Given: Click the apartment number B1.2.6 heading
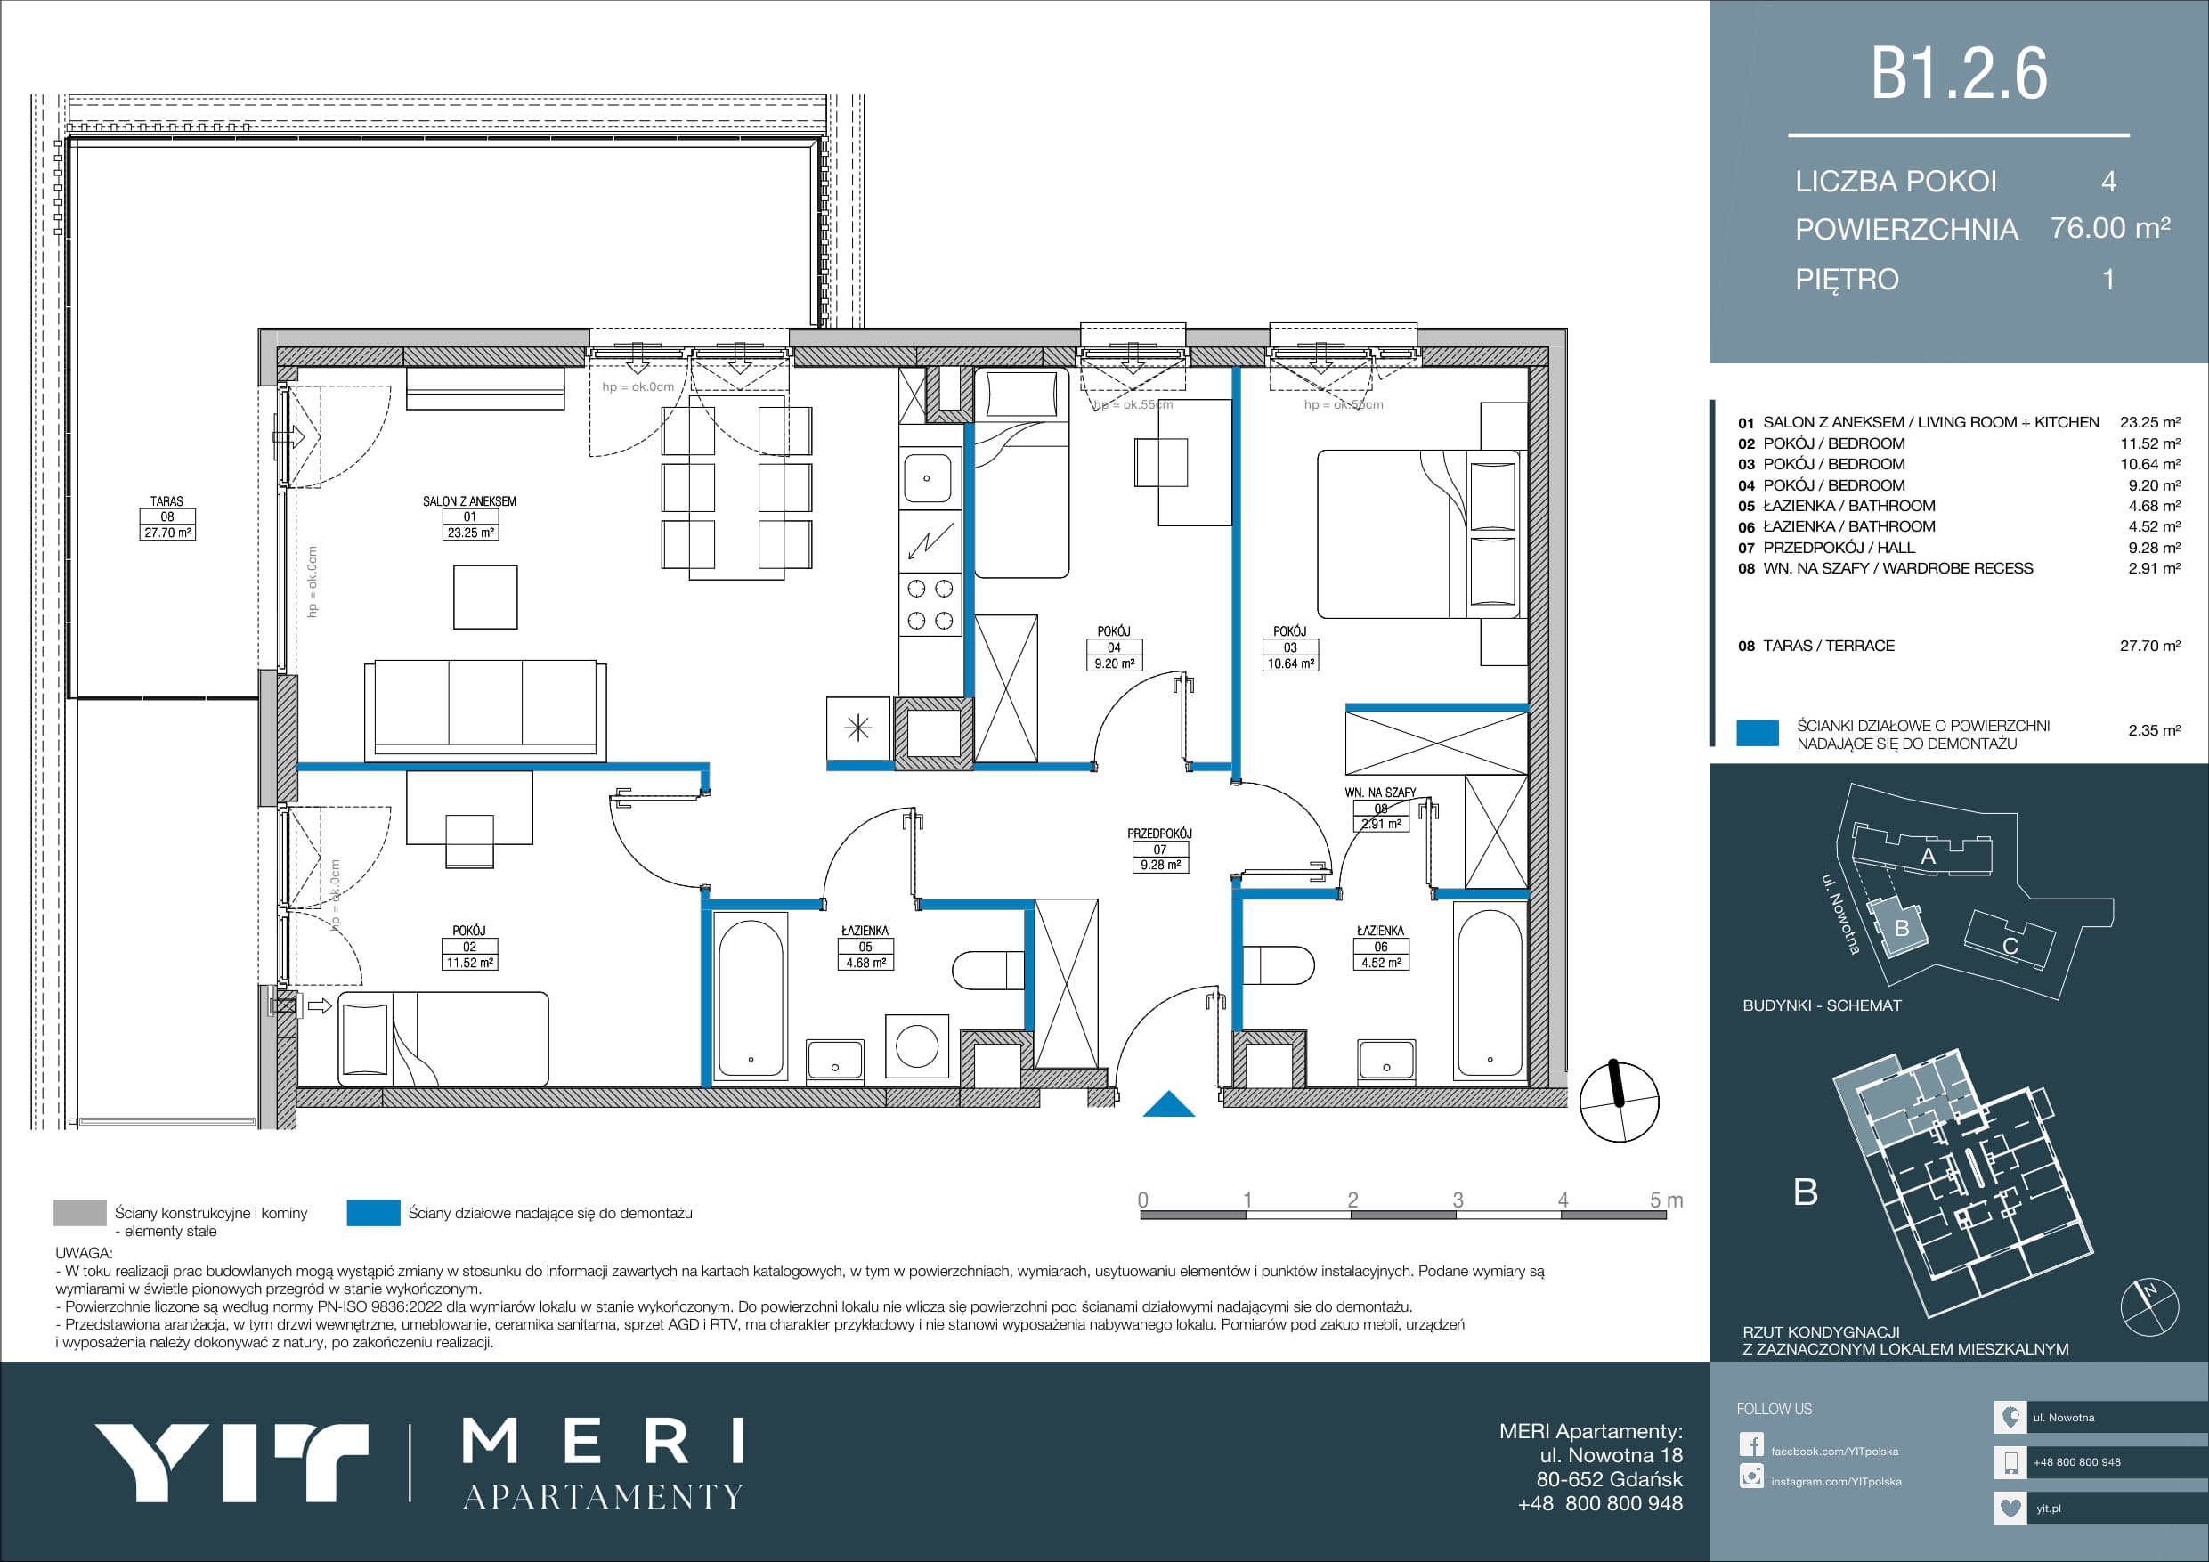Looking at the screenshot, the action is [1958, 74].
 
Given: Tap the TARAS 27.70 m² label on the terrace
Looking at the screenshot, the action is [167, 517].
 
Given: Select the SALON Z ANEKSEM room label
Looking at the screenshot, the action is [469, 517].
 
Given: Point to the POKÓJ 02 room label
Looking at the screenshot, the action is [469, 947].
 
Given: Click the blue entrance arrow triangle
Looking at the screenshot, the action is [1169, 1104].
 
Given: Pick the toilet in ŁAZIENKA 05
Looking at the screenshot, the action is [988, 970].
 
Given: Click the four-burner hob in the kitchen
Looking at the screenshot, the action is [930, 605].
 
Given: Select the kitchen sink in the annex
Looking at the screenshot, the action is [928, 478].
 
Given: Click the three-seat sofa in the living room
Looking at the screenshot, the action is [485, 709].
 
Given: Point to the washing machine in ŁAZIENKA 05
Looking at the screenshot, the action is [917, 1046].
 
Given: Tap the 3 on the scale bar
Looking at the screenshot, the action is [1458, 1200].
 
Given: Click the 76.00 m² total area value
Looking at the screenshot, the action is [2110, 228].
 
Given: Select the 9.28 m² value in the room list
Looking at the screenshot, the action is [2154, 548].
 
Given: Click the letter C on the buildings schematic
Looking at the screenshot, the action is [2010, 946].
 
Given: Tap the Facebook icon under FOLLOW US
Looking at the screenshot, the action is [1751, 1444].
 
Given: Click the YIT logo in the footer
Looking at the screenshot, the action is [231, 1462].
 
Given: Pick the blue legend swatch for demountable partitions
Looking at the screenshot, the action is [373, 1213].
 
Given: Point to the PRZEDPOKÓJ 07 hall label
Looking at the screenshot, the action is [1160, 850].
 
